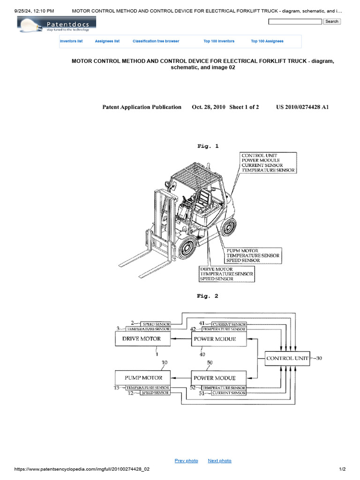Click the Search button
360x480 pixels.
pos(332,22)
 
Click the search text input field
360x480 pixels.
pos(295,22)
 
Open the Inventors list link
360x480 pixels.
pos(71,41)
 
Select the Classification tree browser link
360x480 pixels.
pos(156,41)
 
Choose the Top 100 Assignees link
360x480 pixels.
pos(267,41)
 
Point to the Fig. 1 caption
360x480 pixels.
pos(208,146)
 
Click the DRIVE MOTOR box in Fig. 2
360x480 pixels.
pos(142,339)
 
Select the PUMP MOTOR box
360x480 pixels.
pos(143,378)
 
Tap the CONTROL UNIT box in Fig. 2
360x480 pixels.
pos(287,359)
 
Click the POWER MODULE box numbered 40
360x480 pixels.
pos(219,339)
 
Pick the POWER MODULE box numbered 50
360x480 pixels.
pos(219,378)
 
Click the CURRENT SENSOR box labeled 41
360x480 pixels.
pos(229,324)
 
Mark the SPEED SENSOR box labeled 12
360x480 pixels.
pos(155,393)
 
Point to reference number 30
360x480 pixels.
pos(318,359)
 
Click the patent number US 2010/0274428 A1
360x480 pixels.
pos(303,107)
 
